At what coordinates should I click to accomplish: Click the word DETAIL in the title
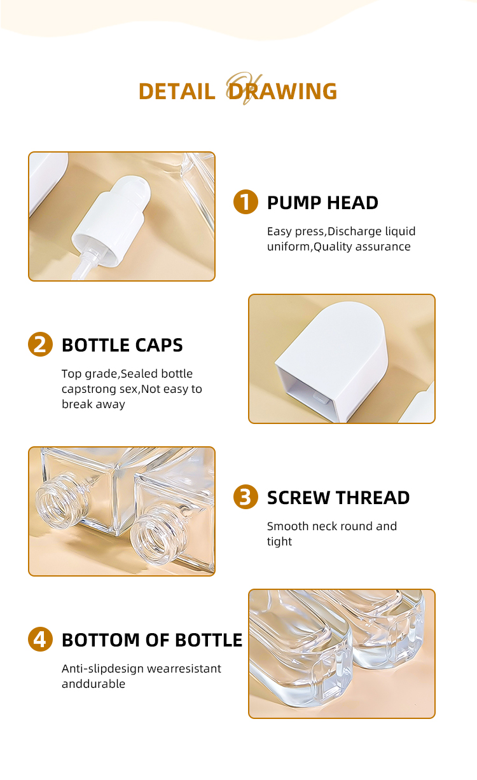tap(177, 92)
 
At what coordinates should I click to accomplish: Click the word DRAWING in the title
tap(282, 92)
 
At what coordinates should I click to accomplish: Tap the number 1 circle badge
tap(245, 202)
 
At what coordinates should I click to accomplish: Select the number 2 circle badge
tap(41, 344)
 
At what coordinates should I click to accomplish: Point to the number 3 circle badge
tap(245, 497)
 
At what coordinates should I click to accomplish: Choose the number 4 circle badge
tap(41, 639)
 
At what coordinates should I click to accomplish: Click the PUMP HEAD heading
tap(322, 203)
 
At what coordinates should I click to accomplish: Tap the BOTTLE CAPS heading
tap(122, 345)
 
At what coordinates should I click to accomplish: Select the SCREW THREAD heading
tap(338, 498)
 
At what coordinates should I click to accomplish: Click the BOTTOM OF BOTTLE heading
tap(152, 640)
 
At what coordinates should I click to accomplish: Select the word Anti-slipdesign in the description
tap(103, 669)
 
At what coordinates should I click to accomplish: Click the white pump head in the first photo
tap(111, 219)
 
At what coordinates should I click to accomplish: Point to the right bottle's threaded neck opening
tap(157, 535)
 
